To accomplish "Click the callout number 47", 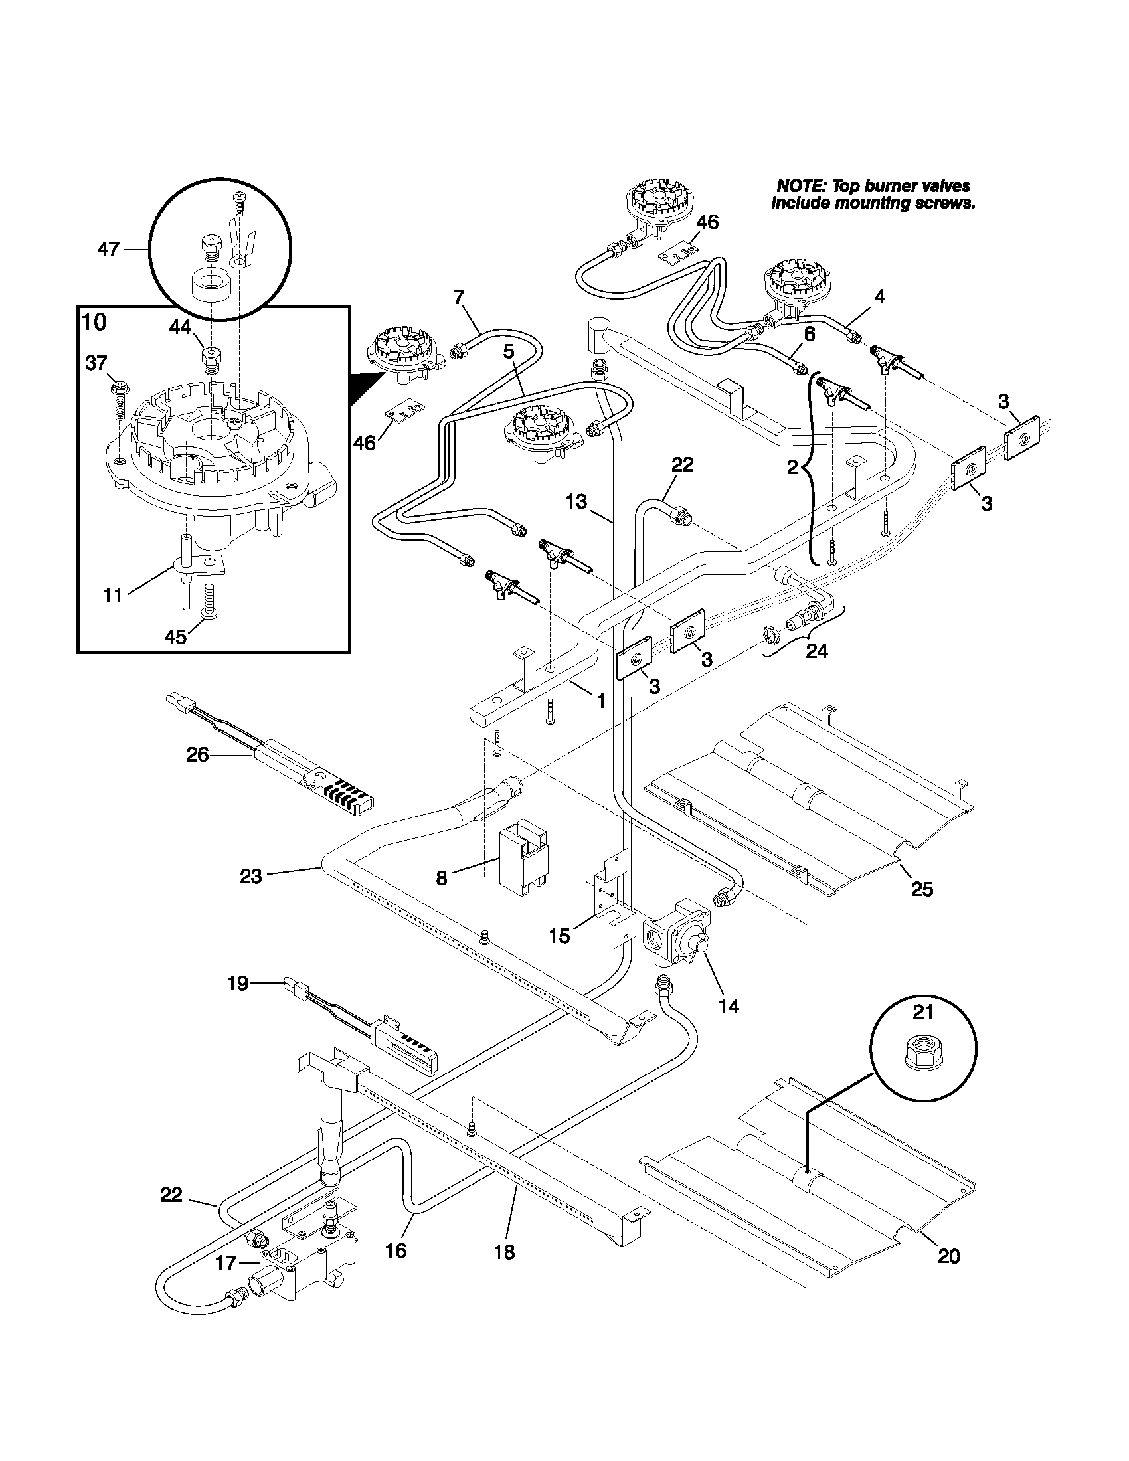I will [108, 250].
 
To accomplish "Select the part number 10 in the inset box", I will [94, 322].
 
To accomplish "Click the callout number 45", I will [175, 636].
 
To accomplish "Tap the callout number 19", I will [238, 983].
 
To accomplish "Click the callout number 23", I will [251, 876].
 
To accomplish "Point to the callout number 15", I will [559, 936].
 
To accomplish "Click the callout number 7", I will [458, 296].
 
